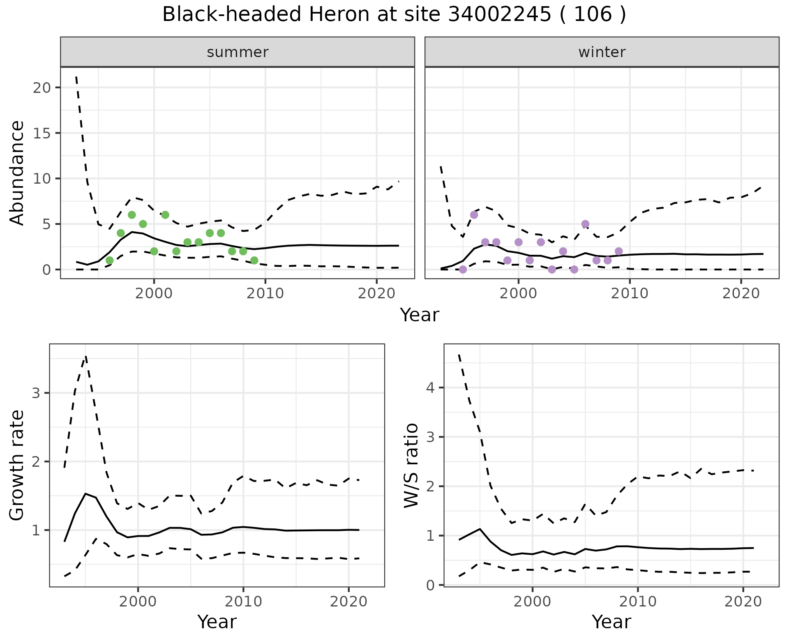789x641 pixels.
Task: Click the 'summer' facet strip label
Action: [x=238, y=52]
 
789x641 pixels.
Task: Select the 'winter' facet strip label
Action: [x=602, y=52]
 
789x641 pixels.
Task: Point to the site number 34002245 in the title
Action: [x=499, y=15]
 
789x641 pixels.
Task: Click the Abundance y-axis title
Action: [x=17, y=173]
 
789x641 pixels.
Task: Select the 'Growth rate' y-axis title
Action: [x=17, y=465]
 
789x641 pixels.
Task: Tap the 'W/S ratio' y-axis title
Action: [x=411, y=465]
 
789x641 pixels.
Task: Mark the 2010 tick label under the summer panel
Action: [x=265, y=294]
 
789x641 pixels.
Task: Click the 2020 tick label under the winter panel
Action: [x=741, y=294]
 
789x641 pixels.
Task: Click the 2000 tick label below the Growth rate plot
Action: [x=138, y=602]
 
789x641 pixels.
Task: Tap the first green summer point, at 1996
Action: [x=109, y=261]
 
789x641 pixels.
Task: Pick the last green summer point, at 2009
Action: [x=254, y=261]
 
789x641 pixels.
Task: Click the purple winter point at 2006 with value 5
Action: [x=585, y=224]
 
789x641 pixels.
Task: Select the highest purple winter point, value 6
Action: [x=474, y=215]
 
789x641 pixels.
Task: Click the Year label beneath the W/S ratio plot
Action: [x=611, y=622]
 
